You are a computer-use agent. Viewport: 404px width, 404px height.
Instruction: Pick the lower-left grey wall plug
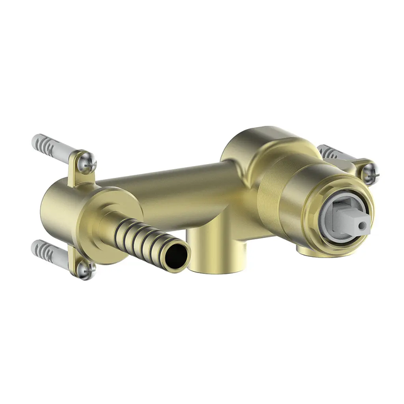coord(50,252)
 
